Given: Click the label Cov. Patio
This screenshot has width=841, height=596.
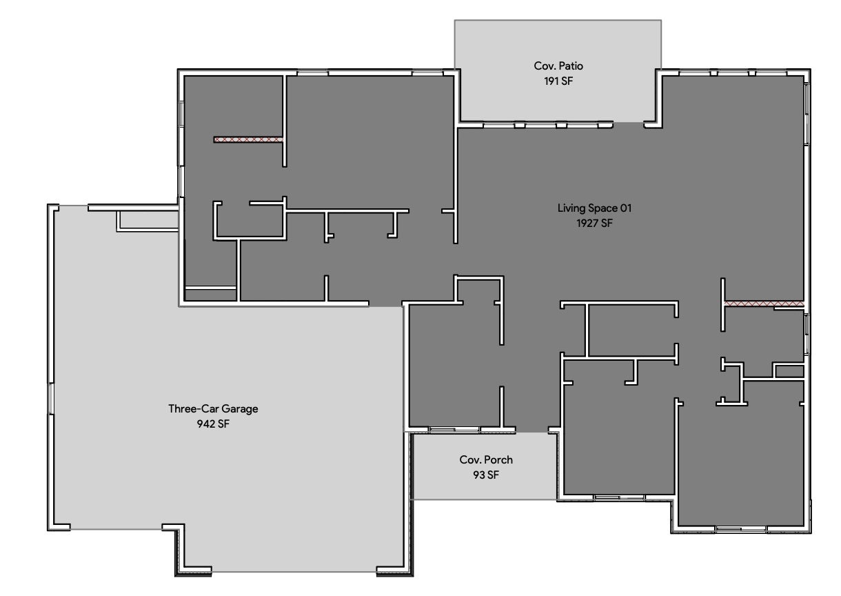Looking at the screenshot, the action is (x=558, y=66).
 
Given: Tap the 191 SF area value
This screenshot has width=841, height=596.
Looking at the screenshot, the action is (x=558, y=81).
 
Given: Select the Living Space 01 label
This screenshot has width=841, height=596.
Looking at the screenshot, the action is (x=594, y=208).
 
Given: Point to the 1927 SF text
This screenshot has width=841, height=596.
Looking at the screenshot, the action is (x=594, y=223).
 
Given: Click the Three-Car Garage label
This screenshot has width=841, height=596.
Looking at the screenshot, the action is (x=213, y=408).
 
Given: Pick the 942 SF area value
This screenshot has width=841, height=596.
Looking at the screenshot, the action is (x=213, y=424).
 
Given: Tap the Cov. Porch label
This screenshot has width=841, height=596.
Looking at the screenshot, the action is (x=486, y=459).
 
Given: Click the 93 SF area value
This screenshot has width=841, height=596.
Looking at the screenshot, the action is (x=486, y=475).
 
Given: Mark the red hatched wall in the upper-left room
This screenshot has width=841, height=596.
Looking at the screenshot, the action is (x=248, y=139).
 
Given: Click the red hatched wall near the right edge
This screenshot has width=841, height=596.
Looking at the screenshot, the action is (x=764, y=304).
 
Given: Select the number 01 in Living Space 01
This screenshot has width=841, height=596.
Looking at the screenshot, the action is (x=625, y=208).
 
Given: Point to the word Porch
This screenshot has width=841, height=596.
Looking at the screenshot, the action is (x=498, y=459).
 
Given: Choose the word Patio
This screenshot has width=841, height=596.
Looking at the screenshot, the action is (x=571, y=66).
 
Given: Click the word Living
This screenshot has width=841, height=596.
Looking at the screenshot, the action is (x=571, y=208).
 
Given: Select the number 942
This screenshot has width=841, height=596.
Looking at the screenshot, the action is (x=205, y=424).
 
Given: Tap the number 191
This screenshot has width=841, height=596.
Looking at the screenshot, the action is (x=550, y=81).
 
